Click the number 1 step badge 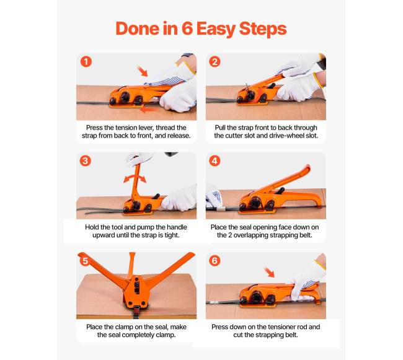coord(86,61)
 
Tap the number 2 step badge coord(215,61)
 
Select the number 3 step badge coord(86,161)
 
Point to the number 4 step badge coord(215,161)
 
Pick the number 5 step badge coord(86,261)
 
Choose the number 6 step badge coord(215,261)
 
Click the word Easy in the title coord(216,29)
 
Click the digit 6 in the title coord(187,29)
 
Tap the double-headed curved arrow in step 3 coord(135,177)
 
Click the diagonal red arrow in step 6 coord(269,272)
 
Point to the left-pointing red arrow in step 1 coord(149,110)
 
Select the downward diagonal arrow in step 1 coord(143,71)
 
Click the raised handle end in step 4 coord(306,170)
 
